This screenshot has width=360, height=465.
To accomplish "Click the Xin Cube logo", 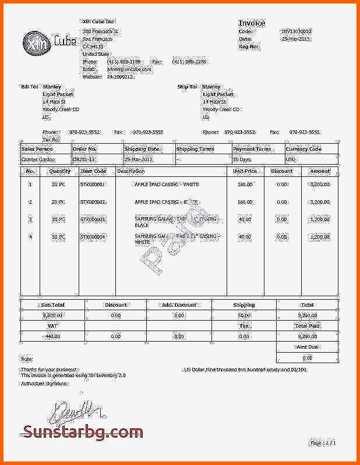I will click(x=50, y=41).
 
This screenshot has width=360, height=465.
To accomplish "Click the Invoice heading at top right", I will click(x=252, y=23).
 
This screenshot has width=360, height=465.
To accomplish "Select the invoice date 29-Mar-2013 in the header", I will click(x=297, y=38).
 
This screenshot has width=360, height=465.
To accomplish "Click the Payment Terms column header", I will click(x=252, y=149).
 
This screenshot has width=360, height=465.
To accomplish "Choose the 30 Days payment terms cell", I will click(x=242, y=159).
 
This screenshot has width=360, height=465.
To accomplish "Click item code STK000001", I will click(x=93, y=184).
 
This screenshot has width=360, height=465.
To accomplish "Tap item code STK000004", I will click(x=93, y=237).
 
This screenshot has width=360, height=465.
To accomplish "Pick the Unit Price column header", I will click(x=245, y=172).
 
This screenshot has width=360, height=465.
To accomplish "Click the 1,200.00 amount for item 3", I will click(x=319, y=219).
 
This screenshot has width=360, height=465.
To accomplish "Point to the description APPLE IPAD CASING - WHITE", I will click(x=167, y=184).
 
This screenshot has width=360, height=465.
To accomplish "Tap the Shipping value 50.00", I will click(x=244, y=315).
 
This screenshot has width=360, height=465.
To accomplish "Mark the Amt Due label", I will click(x=307, y=347).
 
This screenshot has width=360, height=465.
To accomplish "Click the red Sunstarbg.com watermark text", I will click(x=83, y=432).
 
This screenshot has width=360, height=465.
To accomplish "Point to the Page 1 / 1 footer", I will click(x=323, y=443).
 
